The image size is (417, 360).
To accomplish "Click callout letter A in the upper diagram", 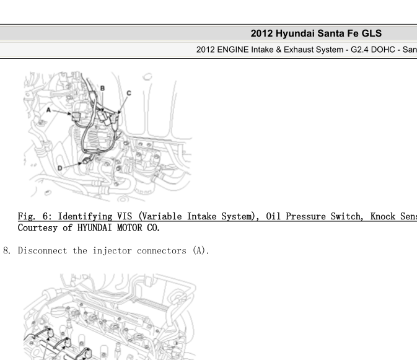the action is click(48, 110).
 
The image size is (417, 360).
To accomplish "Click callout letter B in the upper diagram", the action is click(102, 88).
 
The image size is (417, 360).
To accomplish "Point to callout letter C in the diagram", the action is click(129, 93).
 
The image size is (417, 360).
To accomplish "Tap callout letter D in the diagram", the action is click(60, 168).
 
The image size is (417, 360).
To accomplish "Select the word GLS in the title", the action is click(371, 33).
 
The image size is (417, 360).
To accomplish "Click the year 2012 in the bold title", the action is click(261, 33).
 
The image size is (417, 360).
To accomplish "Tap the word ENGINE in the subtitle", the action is click(233, 50).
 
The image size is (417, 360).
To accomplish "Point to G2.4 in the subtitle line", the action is click(359, 50).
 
